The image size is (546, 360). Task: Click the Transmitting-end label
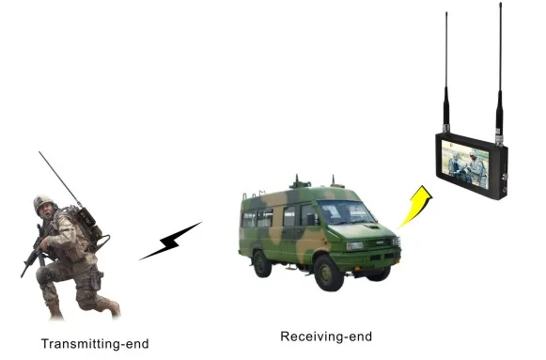coord(95,344)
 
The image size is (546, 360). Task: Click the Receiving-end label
coord(326,337)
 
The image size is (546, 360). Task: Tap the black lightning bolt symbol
coord(171,241)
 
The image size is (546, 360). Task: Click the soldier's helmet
coord(44,202)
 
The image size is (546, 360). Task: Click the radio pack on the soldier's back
coord(87,223)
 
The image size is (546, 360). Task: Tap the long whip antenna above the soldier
coord(60,179)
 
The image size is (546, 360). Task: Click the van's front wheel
coord(328,273)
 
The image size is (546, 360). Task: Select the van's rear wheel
coord(262,263)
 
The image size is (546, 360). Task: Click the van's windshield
coord(346,212)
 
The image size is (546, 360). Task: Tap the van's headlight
coord(355,246)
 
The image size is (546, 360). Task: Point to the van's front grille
coord(381,243)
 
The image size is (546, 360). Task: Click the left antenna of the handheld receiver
coord(446,72)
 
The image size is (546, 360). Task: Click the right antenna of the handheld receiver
coord(500,74)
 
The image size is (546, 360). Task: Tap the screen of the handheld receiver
coord(465,164)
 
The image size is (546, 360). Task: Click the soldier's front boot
coord(55,309)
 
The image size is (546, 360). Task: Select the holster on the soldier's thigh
coord(96,279)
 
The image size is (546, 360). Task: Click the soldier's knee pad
coord(43,276)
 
